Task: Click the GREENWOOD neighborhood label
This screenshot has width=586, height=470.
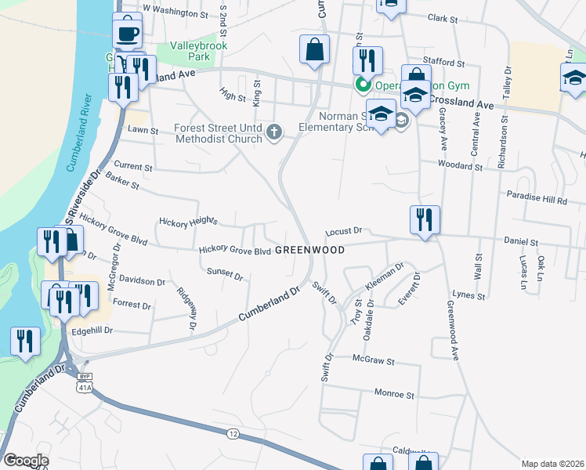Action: click(310, 250)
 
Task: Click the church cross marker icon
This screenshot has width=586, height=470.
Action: click(274, 132)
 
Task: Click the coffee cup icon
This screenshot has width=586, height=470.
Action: click(128, 33)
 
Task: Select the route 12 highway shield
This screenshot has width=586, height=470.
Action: click(233, 433)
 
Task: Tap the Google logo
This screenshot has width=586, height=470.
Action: click(26, 460)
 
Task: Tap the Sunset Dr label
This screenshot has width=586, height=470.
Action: click(225, 276)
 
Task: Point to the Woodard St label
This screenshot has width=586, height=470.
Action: click(460, 166)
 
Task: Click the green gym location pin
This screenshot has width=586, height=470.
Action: click(363, 85)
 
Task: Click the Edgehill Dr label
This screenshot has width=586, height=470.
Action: click(92, 331)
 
